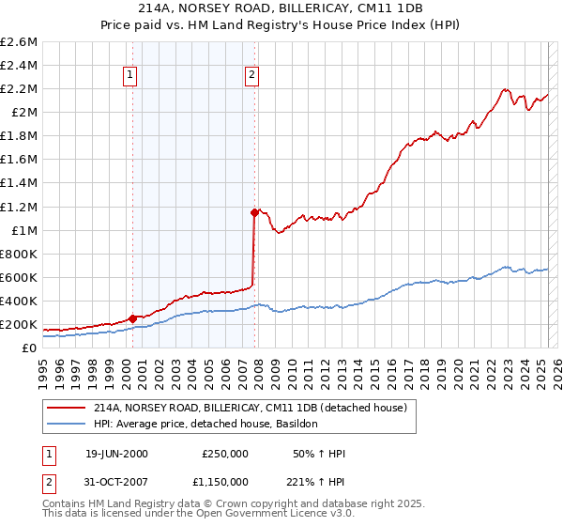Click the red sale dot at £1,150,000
254,212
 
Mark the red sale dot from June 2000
132,318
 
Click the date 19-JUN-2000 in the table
116,454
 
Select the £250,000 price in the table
225,454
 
